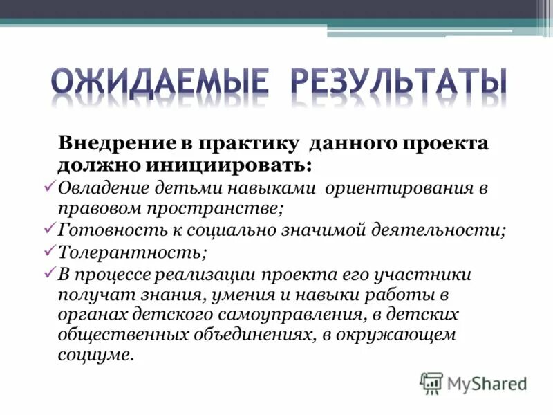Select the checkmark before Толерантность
50,250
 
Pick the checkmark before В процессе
50,273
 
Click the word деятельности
441,230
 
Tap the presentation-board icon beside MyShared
431,383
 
